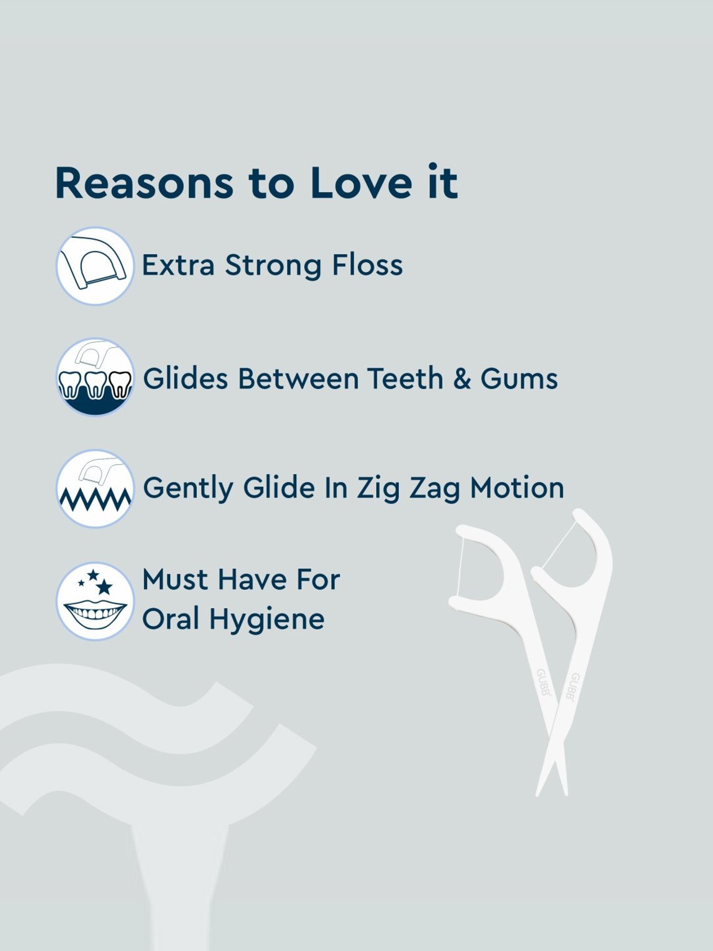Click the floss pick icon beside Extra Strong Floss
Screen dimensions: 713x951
[x=95, y=266]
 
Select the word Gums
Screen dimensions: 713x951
[x=519, y=379]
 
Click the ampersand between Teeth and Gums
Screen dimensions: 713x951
[x=462, y=379]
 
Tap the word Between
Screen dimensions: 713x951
[x=298, y=379]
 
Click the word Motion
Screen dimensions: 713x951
[x=517, y=488]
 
